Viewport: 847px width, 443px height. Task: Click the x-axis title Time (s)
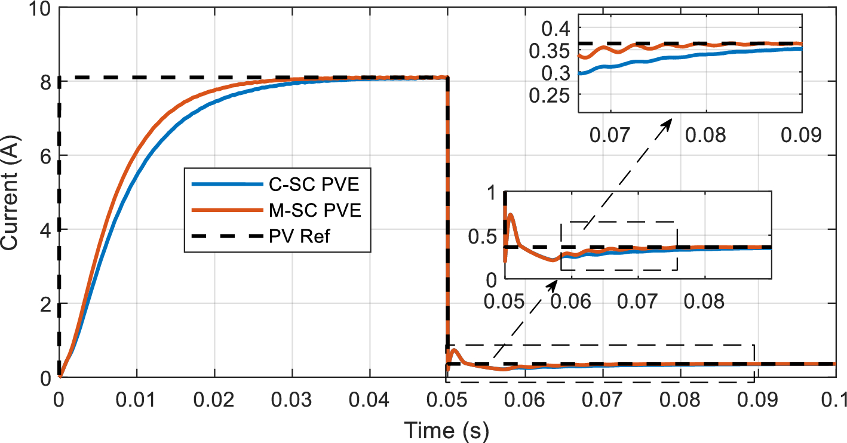pos(447,429)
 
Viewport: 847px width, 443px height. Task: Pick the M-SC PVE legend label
pos(313,211)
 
